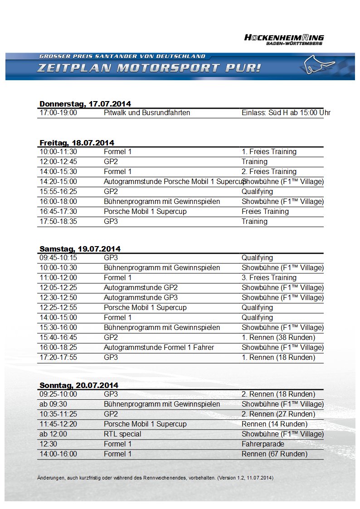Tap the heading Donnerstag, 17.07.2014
point(85,104)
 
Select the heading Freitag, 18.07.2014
point(77,143)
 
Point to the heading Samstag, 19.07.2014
point(80,249)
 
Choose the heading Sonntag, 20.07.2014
point(78,385)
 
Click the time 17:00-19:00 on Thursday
point(58,113)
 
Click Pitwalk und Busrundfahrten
point(147,113)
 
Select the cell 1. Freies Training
point(269,152)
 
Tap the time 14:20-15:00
point(58,182)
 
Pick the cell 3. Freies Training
point(269,278)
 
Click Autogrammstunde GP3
point(141,298)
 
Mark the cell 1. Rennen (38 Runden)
point(278,338)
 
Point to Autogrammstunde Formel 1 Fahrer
point(159,348)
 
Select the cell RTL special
point(122,434)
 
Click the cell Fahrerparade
point(263,444)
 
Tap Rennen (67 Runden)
point(274,454)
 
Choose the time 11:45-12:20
point(58,424)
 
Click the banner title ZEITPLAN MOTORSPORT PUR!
point(149,68)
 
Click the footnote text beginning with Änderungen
point(155,478)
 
